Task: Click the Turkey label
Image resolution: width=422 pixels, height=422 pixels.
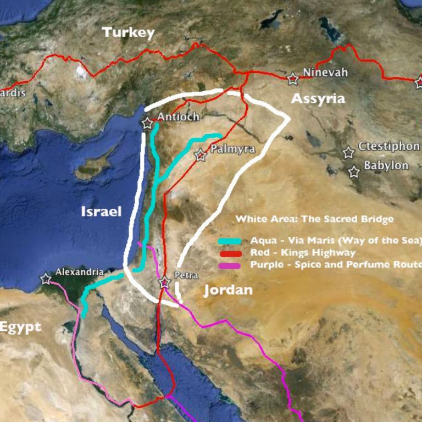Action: [129, 32]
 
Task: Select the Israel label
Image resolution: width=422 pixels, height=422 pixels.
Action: [101, 212]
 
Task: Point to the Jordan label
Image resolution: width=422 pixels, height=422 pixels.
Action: [228, 290]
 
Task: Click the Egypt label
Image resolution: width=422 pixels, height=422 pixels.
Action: [20, 327]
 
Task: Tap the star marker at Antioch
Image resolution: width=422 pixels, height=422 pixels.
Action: [147, 124]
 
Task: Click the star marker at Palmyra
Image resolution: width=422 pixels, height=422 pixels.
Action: [201, 156]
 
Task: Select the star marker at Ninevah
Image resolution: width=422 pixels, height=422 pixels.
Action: [293, 79]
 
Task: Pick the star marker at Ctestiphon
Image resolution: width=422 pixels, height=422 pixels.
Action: [348, 153]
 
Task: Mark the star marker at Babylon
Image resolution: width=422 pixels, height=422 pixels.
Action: [354, 172]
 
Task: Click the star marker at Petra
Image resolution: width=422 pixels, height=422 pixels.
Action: [164, 283]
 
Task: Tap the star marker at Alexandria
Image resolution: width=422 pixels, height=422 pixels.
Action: [46, 279]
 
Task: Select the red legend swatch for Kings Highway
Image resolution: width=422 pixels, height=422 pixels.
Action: [230, 253]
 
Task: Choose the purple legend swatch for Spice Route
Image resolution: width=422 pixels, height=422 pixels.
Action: [230, 265]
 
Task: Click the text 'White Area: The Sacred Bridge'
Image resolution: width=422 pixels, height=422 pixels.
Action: [314, 219]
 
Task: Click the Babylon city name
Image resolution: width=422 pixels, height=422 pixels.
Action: [386, 165]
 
